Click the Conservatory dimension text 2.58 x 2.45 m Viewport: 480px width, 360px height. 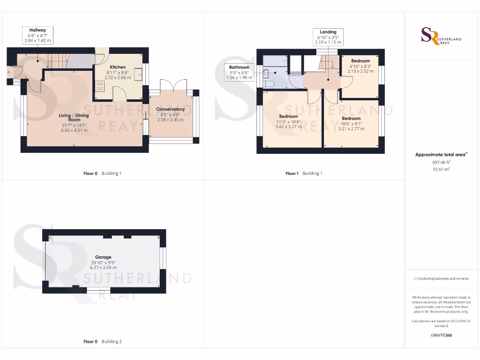pos(170,120)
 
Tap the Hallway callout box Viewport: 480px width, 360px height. pos(37,36)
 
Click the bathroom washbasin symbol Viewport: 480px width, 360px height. pos(266,73)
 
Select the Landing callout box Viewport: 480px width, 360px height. pos(328,37)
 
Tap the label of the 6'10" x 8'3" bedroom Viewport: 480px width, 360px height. pos(360,61)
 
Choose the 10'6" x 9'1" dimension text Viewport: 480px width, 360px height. pos(351,124)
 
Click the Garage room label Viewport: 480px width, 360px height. pos(103,257)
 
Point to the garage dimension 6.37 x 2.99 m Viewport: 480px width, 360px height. pos(103,268)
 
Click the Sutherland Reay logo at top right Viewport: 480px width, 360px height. pos(441,36)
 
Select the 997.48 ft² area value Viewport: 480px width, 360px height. pos(441,162)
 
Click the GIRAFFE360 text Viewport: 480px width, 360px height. pos(441,335)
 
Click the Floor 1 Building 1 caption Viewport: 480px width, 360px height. pos(304,173)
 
